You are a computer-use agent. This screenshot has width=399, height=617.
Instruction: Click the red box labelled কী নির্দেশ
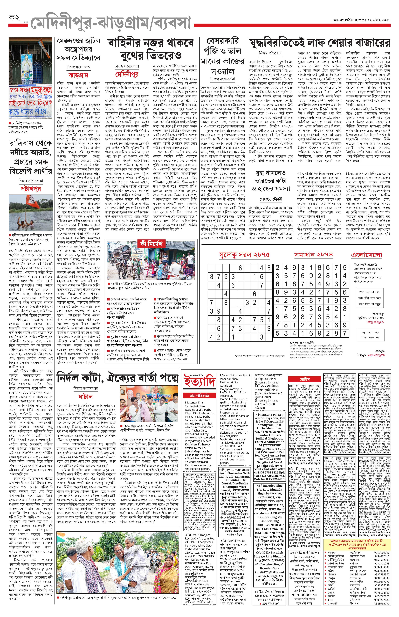tap(151, 244)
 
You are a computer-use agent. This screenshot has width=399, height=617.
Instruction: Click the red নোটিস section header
tap(304, 379)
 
